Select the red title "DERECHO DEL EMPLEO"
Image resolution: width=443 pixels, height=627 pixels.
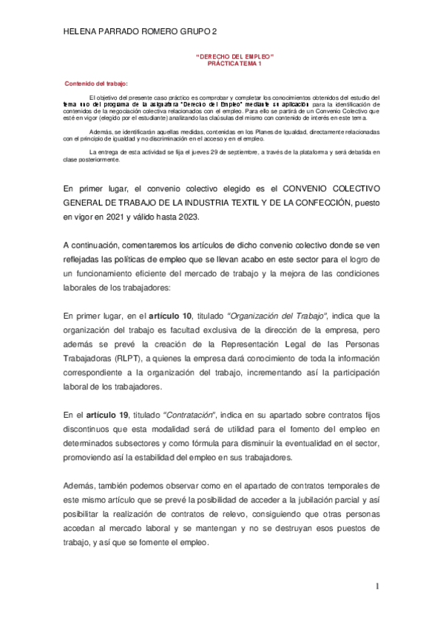point(234,57)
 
